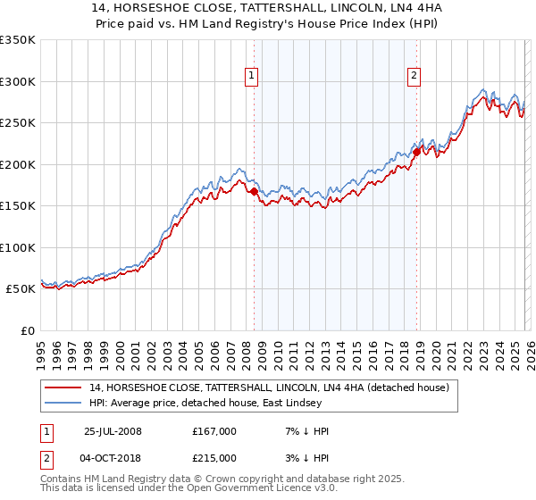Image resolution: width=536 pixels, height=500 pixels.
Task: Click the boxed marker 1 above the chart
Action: (253, 77)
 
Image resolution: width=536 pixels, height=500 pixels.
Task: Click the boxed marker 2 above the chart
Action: (415, 77)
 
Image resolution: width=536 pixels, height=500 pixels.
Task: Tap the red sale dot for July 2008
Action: (255, 191)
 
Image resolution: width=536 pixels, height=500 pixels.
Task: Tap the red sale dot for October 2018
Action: (416, 152)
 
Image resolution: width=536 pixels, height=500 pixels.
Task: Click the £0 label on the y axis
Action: (27, 330)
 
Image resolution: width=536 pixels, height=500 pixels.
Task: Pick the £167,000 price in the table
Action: (214, 431)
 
